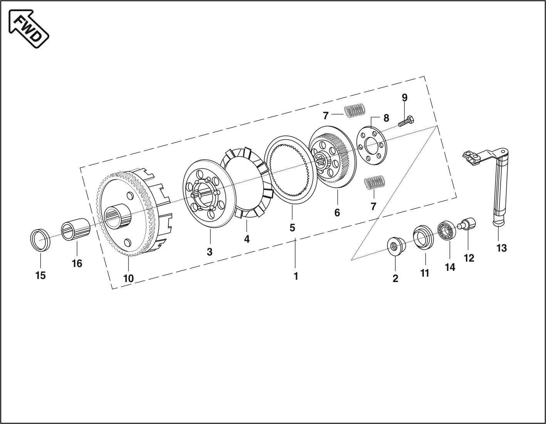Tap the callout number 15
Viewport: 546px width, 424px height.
click(x=40, y=275)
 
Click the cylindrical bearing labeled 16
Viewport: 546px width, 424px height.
click(x=76, y=230)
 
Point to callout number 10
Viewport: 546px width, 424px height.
click(x=128, y=278)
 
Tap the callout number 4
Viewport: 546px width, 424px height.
click(x=247, y=239)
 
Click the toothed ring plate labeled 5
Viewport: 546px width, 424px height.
click(x=291, y=169)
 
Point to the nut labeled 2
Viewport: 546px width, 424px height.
click(x=395, y=246)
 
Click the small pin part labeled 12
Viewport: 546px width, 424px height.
click(x=467, y=224)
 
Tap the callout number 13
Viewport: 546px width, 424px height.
click(x=501, y=248)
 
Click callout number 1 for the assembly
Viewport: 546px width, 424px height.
click(x=296, y=276)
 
